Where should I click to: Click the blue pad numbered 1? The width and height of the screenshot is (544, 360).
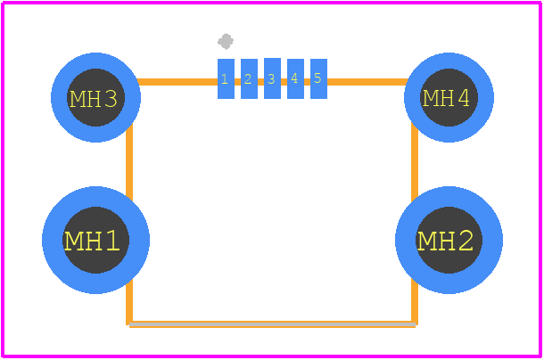[226, 78]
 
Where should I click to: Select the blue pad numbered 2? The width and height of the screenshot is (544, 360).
[249, 78]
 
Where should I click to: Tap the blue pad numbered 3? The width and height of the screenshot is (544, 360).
[272, 78]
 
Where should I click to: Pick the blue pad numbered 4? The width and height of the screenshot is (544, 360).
[295, 78]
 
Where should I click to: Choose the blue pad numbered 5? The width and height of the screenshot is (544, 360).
[318, 78]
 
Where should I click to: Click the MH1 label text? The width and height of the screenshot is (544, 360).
[92, 241]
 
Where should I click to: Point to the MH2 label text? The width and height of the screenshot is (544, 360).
[445, 241]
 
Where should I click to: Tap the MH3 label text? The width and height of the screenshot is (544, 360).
[94, 99]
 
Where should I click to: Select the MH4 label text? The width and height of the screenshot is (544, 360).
[446, 98]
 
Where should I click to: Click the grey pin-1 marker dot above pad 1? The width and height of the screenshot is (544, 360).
[226, 41]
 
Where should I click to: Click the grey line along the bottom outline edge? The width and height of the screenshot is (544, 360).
[272, 324]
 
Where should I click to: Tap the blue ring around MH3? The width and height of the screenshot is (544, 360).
[95, 61]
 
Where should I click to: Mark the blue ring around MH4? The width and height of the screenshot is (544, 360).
[449, 61]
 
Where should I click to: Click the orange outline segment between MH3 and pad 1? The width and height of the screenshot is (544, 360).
[177, 82]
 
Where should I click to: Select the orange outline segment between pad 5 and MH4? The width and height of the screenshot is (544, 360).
[367, 82]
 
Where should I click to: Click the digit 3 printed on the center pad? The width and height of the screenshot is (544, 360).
[271, 79]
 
